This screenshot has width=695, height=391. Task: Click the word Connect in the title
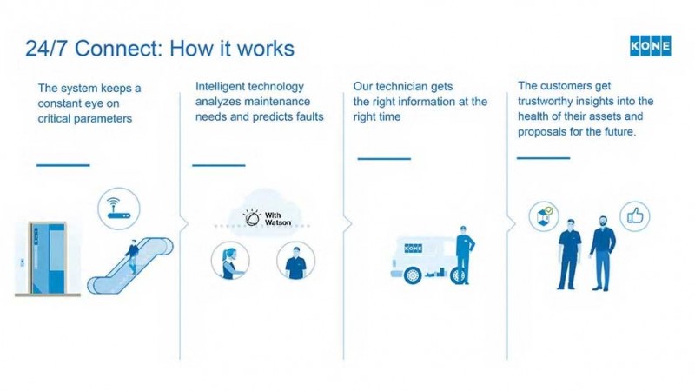point(111,48)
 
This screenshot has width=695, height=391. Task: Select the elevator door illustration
point(44,257)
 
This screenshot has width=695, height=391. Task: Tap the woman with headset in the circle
point(230,262)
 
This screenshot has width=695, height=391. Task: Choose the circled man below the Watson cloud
point(295,262)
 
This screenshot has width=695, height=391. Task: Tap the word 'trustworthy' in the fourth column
point(554,101)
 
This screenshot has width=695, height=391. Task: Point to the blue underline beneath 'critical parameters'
point(63,164)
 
